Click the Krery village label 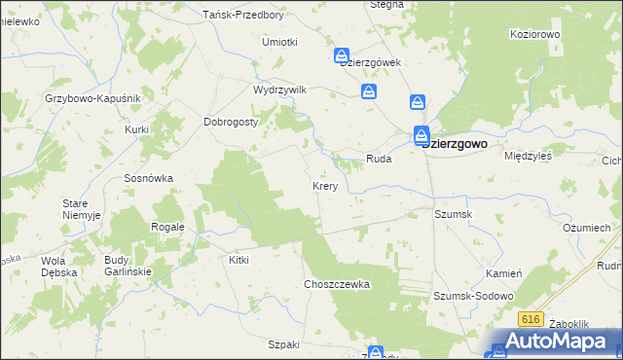(x=325, y=185)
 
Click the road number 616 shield (x=531, y=318)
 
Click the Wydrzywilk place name (x=279, y=90)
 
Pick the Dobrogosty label (x=230, y=122)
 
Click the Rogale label (x=167, y=227)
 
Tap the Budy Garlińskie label (x=128, y=267)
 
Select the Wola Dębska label (x=60, y=268)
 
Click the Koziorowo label (x=536, y=34)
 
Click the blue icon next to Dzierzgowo (x=421, y=135)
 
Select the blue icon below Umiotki (x=342, y=55)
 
